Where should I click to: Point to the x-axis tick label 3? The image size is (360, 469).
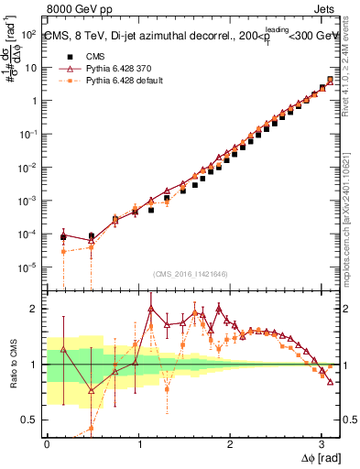click(321, 442)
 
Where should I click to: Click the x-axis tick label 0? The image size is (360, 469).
click(47, 442)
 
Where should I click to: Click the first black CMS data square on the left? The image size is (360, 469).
click(63, 236)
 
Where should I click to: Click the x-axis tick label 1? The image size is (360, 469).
click(138, 442)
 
